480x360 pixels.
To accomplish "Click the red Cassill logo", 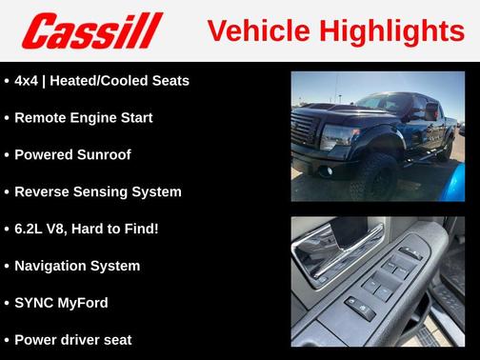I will coord(93,31).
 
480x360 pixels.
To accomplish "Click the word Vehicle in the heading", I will coord(255,31).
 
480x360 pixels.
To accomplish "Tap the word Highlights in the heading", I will coord(390,31).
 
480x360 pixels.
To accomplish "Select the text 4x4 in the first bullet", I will coord(27,81).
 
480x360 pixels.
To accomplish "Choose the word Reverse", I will coord(44,192).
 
